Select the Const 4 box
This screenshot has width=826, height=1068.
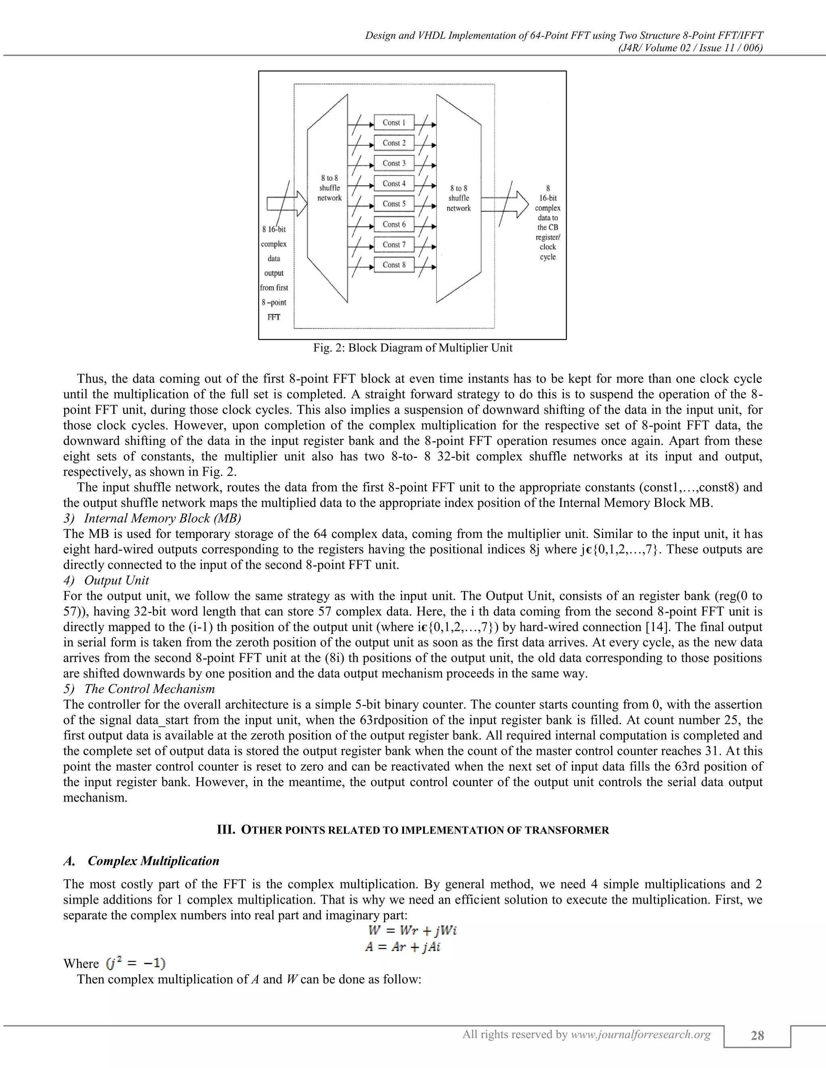pyautogui.click(x=394, y=184)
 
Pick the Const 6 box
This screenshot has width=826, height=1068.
pyautogui.click(x=394, y=224)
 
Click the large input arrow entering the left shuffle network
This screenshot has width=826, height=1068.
pyautogui.click(x=287, y=204)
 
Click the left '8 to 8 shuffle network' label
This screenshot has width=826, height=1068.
pyautogui.click(x=330, y=188)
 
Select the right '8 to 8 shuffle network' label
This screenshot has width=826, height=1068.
pyautogui.click(x=459, y=198)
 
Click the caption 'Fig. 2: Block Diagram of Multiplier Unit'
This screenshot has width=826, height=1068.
pyautogui.click(x=413, y=348)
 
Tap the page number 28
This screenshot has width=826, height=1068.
pyautogui.click(x=757, y=1036)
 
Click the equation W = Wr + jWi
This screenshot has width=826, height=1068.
pyautogui.click(x=413, y=930)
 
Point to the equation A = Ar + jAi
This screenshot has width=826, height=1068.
pyautogui.click(x=403, y=947)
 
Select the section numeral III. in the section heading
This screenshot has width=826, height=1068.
pyautogui.click(x=227, y=830)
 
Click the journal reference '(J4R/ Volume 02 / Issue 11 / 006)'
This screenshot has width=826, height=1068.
pyautogui.click(x=690, y=48)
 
